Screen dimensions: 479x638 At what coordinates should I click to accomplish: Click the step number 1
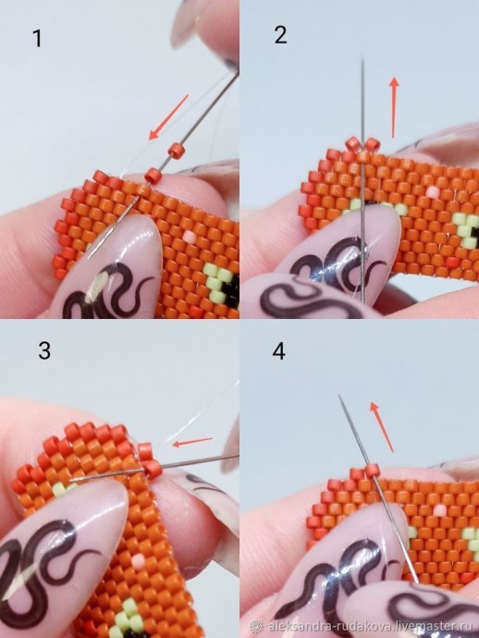pos(37,38)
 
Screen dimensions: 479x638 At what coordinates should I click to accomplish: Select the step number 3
pos(44,350)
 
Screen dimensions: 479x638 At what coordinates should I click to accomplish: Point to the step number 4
pos(278,350)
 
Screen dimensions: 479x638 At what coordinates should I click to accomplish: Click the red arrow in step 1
pos(168,117)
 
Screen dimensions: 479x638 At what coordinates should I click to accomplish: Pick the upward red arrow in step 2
pos(394,107)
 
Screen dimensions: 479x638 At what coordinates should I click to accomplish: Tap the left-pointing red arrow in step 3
pos(192,441)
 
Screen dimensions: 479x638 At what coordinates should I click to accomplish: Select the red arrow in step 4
pos(381,427)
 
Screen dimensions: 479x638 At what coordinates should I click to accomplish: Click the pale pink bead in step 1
pos(189,236)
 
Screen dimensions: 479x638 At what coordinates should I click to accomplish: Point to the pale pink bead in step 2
pos(433,191)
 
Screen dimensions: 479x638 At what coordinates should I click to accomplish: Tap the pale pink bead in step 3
pos(138,560)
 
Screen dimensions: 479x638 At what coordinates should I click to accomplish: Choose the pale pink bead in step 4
pos(439,509)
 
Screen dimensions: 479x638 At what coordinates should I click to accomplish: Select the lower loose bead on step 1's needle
pos(153,176)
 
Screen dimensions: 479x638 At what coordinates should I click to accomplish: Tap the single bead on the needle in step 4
pos(373,472)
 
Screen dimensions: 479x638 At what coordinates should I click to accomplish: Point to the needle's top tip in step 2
pos(362,57)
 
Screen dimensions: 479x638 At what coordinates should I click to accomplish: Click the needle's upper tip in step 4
pos(338,394)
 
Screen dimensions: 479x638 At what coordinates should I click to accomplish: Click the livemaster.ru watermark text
pos(370,625)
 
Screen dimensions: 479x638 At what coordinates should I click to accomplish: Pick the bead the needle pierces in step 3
pos(153,469)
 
